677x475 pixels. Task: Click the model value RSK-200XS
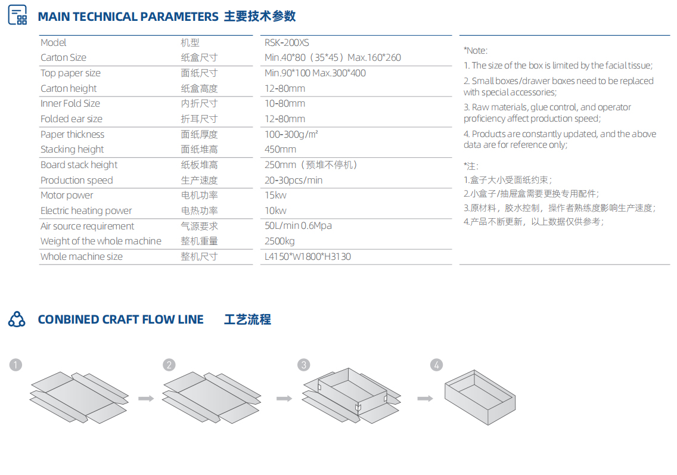(287, 43)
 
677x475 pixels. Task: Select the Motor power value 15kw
(275, 195)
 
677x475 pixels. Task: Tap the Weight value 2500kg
(280, 241)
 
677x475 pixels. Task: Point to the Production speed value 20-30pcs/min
(294, 180)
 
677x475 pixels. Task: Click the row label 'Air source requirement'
(87, 226)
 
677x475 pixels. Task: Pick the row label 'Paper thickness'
(73, 134)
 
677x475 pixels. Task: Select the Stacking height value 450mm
(280, 150)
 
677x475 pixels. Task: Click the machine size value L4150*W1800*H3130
(308, 256)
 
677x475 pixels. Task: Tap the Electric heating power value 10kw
(275, 211)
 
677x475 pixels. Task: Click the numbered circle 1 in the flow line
(15, 365)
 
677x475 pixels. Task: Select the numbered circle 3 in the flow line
(304, 365)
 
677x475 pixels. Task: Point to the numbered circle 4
(436, 365)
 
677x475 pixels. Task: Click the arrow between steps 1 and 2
(146, 398)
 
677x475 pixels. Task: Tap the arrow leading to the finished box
(426, 398)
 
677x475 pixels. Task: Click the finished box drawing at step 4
(480, 398)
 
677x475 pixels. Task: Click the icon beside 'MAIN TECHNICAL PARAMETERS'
(18, 15)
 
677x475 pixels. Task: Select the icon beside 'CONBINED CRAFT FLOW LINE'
(17, 319)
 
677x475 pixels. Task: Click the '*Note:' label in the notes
(476, 51)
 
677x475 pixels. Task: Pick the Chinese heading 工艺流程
(247, 319)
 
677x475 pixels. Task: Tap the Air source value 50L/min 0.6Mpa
(299, 226)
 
